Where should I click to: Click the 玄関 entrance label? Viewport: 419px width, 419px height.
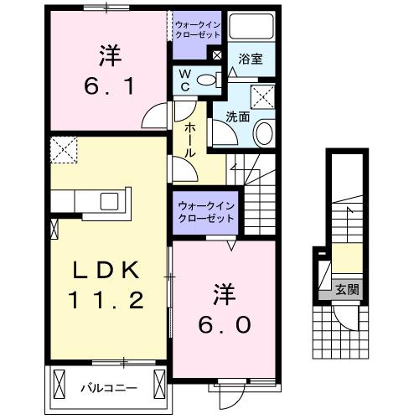click(348, 289)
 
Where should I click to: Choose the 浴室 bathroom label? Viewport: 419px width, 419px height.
click(251, 59)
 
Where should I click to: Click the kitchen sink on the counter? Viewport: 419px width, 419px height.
click(111, 200)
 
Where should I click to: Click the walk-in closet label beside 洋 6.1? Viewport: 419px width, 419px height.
click(199, 29)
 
